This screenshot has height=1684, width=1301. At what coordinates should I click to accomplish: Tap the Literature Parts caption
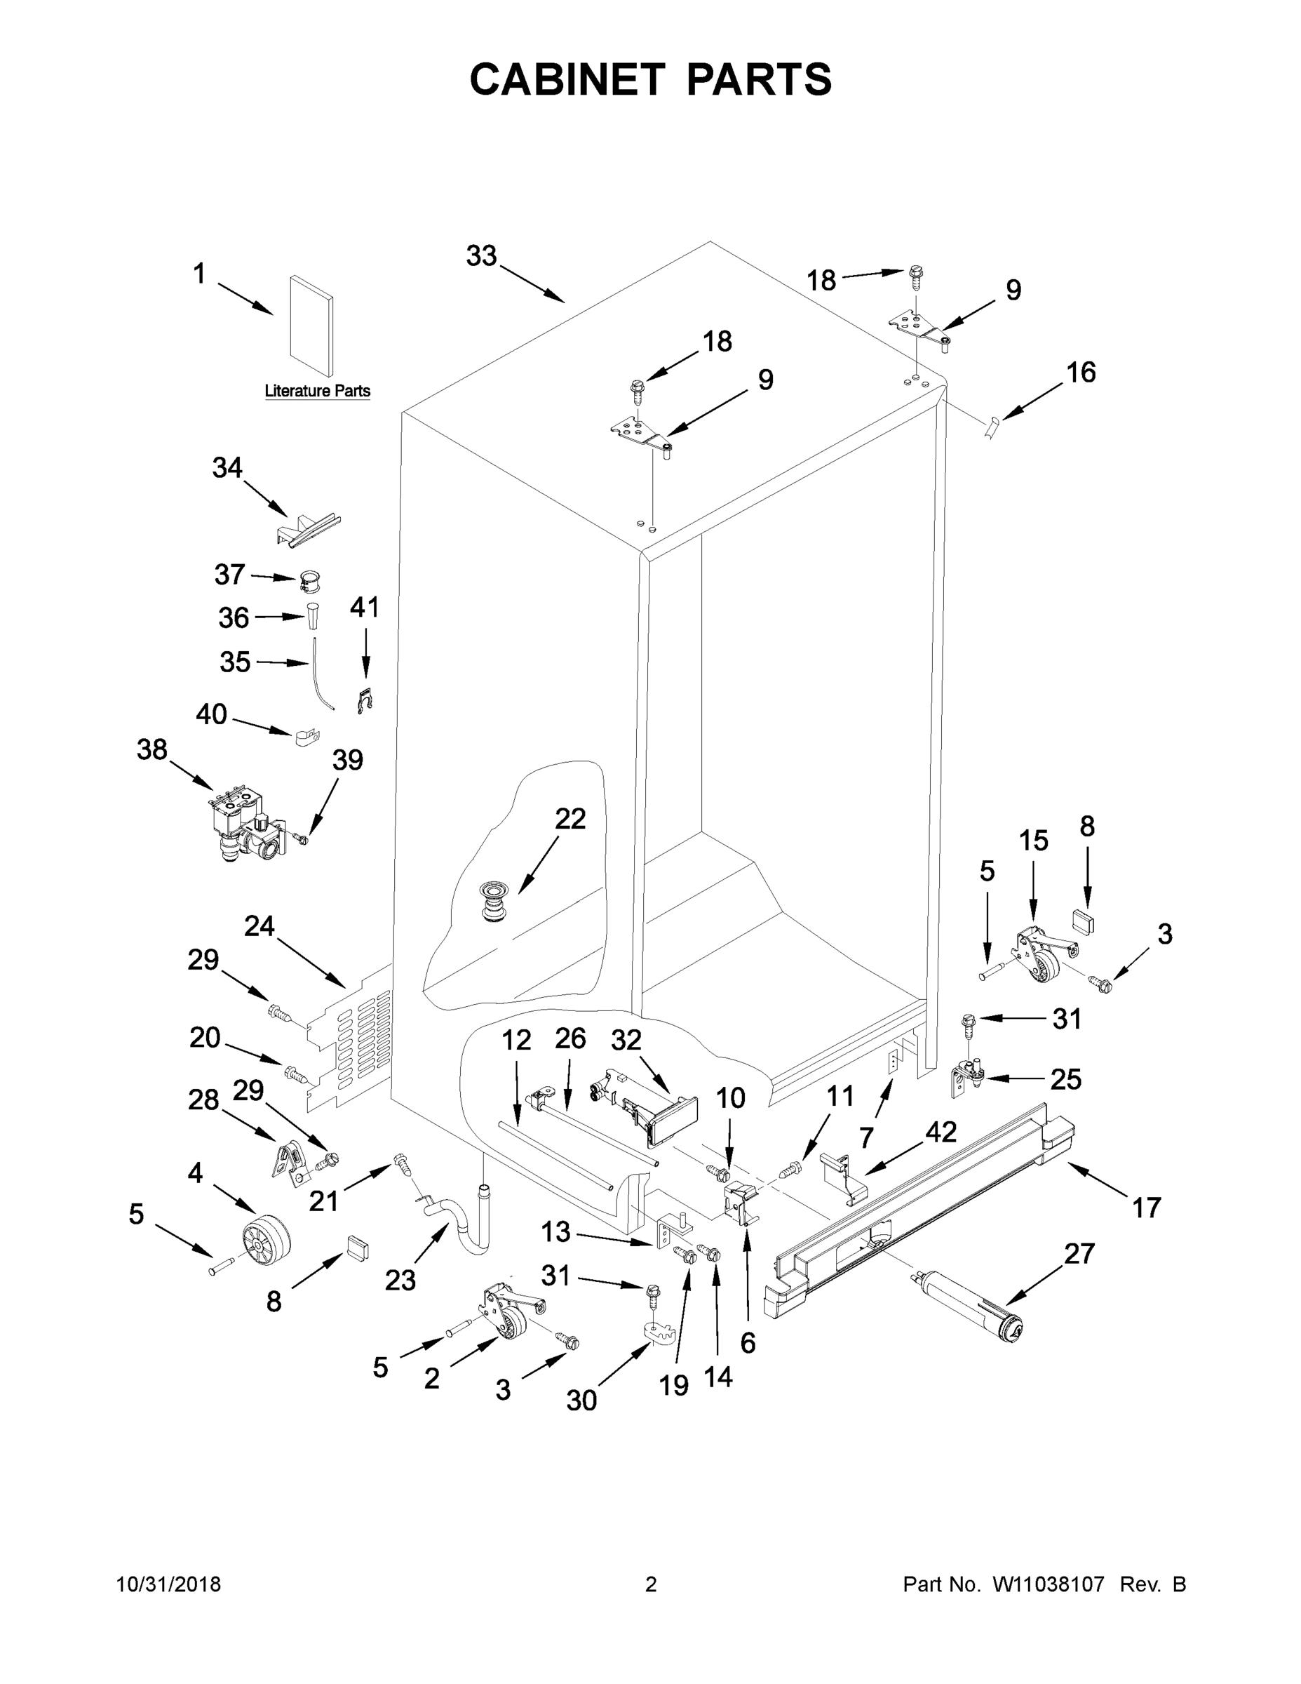coord(317,391)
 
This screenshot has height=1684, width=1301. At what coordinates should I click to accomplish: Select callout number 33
coord(481,256)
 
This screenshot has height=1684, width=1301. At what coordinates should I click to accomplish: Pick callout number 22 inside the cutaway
coord(570,818)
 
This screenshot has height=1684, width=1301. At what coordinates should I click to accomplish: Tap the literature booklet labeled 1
coord(311,328)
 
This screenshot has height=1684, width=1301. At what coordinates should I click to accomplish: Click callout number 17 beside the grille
coord(1145,1208)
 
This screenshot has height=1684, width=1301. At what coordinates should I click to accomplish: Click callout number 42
coord(941,1132)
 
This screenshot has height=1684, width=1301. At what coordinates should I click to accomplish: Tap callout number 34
coord(227,468)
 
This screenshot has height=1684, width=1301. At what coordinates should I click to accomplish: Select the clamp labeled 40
coord(306,739)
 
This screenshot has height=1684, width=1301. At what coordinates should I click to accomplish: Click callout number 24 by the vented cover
coord(259,926)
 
